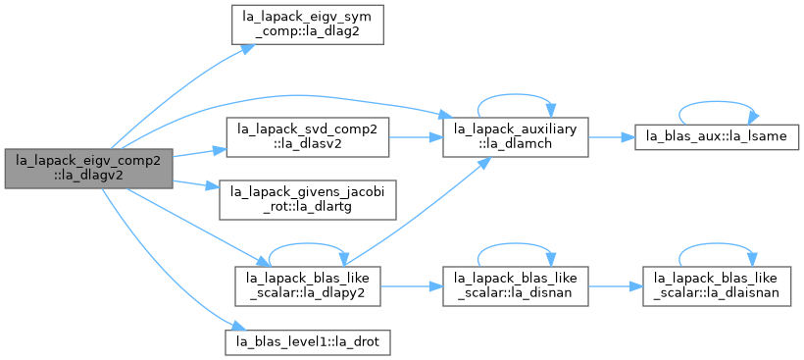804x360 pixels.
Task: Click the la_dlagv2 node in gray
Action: [88, 169]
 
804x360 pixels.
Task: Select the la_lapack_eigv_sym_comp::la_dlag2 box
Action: [307, 25]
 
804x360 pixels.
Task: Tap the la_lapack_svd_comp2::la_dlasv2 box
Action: [307, 137]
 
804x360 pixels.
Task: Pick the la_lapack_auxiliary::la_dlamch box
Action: [516, 137]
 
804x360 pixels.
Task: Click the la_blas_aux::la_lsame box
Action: [717, 137]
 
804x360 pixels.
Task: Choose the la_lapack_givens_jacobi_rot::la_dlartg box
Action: [308, 200]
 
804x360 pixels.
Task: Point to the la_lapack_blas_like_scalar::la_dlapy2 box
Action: [307, 286]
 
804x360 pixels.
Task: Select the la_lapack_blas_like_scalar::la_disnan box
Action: [516, 286]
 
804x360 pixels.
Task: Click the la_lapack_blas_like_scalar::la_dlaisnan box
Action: [717, 286]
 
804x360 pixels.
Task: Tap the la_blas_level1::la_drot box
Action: [308, 342]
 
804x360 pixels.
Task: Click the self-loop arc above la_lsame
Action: [717, 102]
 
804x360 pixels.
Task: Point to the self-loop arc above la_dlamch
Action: [516, 94]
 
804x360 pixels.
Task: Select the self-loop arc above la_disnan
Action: [516, 243]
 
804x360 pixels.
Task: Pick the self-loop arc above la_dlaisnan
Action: [717, 243]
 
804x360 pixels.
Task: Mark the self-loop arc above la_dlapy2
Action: [307, 243]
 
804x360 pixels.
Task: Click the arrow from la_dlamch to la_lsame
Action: [611, 137]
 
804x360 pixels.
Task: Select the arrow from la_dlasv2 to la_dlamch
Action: [416, 137]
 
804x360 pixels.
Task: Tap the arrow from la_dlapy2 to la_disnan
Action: [411, 286]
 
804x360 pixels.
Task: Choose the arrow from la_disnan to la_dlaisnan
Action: [616, 286]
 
